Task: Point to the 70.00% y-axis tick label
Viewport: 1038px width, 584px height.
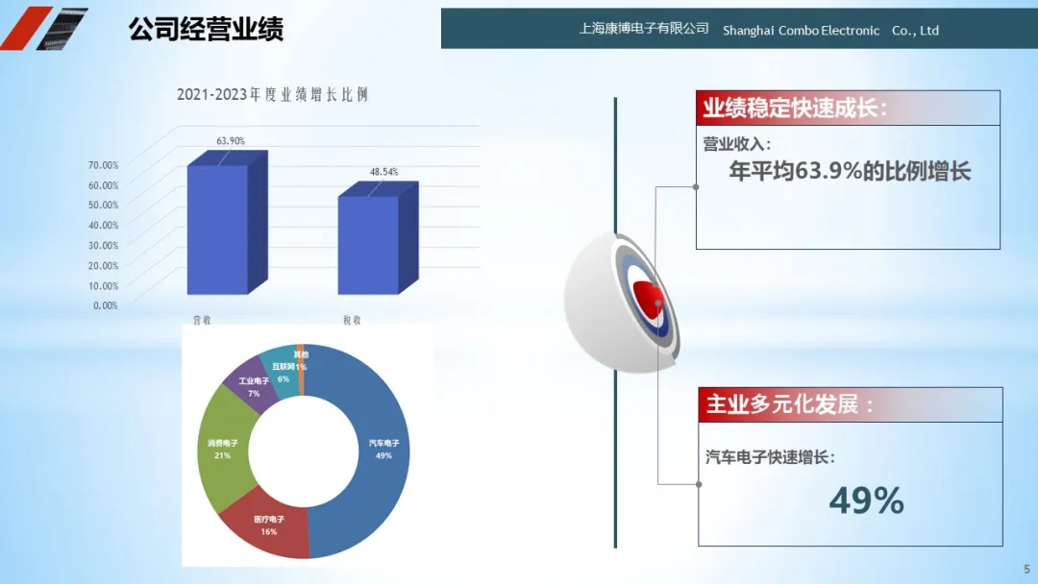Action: (x=103, y=164)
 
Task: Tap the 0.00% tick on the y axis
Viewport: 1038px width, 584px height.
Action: (x=106, y=305)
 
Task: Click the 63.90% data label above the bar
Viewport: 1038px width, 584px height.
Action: (x=231, y=141)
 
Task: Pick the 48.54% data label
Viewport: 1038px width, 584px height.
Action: (x=383, y=172)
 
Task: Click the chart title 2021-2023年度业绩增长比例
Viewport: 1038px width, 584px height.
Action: (x=272, y=94)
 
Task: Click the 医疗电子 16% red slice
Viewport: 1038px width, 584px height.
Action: (x=268, y=525)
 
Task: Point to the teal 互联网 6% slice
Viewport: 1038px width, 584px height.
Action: (x=282, y=372)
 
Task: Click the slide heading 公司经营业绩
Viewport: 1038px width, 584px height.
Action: (x=206, y=29)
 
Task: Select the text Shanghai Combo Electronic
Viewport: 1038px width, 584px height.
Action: (x=801, y=31)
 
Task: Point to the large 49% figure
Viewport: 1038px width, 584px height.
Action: (x=867, y=500)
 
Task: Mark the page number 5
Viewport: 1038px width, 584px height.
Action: (x=1026, y=569)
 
